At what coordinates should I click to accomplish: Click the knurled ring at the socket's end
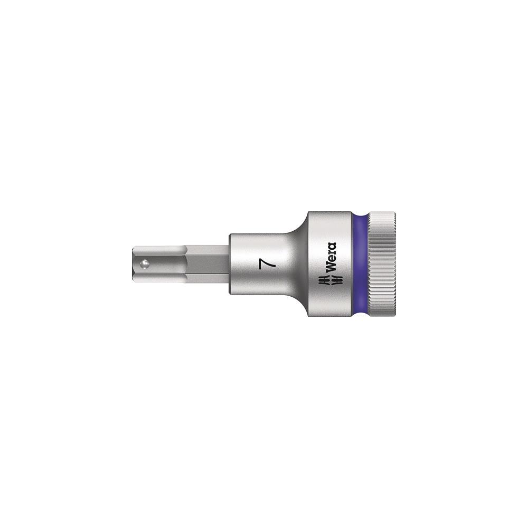(384, 263)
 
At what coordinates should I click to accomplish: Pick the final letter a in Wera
(332, 245)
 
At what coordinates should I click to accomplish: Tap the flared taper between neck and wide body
(298, 263)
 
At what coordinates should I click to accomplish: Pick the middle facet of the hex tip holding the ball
(161, 263)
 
